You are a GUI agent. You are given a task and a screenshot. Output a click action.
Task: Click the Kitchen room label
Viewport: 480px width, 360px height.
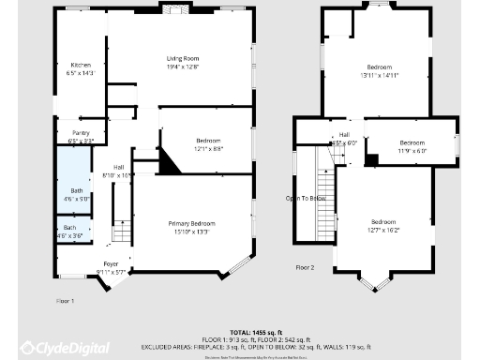tap(81, 64)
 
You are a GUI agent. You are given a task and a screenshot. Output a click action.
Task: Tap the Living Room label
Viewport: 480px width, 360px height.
tap(185, 59)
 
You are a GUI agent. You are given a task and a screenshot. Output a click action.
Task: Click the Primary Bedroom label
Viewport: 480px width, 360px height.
tap(191, 223)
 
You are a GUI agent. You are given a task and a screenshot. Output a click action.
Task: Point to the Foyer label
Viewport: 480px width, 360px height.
tap(111, 264)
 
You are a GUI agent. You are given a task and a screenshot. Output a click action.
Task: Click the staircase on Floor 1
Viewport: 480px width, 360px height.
tap(121, 232)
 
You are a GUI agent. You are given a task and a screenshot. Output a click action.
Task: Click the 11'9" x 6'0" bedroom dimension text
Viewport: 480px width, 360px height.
tap(413, 150)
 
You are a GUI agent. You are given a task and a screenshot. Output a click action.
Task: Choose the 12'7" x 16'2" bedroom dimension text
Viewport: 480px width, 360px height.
tap(383, 229)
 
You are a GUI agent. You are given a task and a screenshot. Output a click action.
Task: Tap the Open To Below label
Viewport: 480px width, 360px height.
tap(306, 198)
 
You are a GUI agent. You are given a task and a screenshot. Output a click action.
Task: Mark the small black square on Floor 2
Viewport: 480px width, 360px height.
tap(371, 160)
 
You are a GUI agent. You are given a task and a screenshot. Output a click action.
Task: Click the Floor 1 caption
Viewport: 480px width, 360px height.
tap(65, 300)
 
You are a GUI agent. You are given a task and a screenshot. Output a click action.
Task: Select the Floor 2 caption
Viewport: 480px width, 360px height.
tap(305, 267)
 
